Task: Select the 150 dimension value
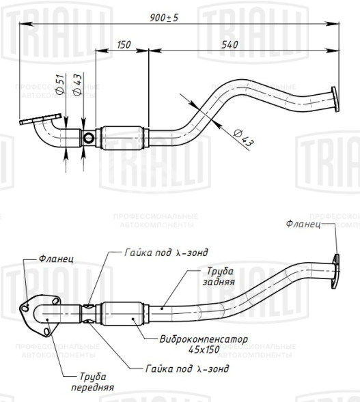[x=124, y=44]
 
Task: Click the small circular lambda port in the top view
[x=89, y=139]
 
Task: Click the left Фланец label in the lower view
[x=55, y=259]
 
